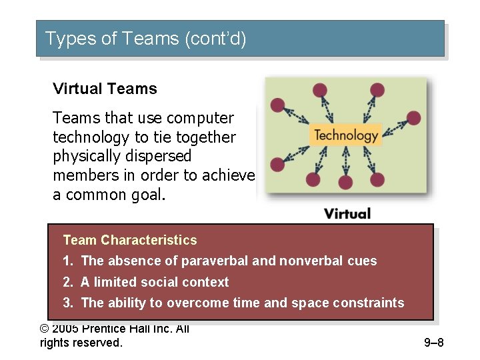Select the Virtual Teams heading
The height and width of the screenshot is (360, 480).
point(105,89)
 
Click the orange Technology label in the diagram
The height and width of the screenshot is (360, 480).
point(346,135)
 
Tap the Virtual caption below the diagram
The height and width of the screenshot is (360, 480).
point(347,213)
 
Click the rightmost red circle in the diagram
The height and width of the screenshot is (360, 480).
point(414,118)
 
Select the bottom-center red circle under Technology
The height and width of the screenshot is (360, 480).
point(345,182)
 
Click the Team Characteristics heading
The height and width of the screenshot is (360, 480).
point(130,240)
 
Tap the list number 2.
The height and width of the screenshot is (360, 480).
point(67,282)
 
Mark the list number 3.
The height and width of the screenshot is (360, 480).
point(67,303)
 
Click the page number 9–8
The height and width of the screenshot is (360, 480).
point(433,343)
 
